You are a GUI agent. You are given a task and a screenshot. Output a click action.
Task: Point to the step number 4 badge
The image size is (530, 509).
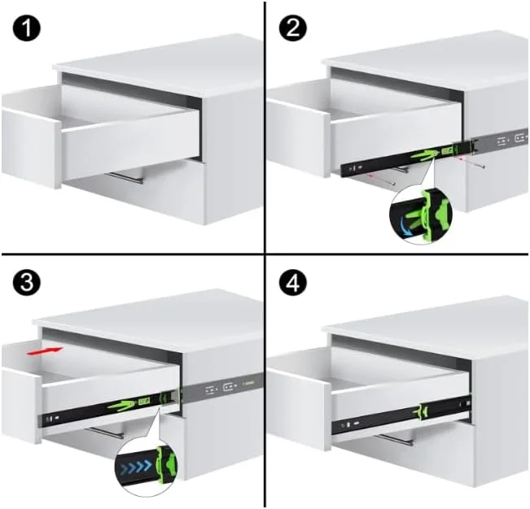coord(291,281)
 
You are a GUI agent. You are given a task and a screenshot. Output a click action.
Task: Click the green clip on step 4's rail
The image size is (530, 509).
coord(423,413)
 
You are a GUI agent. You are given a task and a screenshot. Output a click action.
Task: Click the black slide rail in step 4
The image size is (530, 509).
coord(383,420)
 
